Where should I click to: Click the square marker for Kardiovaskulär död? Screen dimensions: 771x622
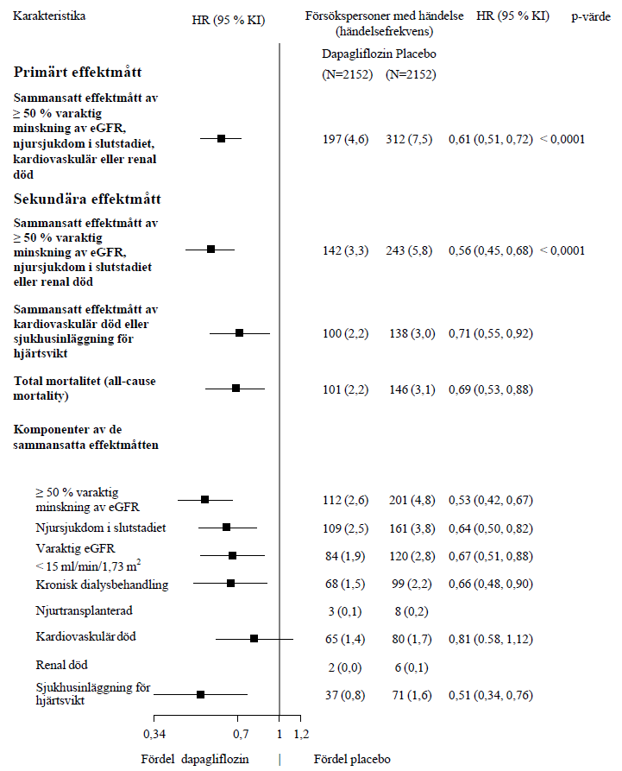click(254, 638)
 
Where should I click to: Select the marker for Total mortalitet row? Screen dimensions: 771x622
click(236, 389)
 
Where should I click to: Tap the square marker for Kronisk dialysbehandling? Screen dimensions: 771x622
click(230, 584)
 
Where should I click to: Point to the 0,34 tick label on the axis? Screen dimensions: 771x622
click(154, 734)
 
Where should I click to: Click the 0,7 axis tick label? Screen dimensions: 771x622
click(242, 734)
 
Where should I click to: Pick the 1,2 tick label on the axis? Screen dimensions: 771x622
click(301, 734)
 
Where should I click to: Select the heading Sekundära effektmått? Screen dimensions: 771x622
click(87, 199)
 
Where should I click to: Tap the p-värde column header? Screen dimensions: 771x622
click(591, 16)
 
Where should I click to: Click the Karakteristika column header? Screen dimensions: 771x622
click(49, 16)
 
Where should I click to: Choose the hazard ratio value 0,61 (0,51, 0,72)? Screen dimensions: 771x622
click(490, 139)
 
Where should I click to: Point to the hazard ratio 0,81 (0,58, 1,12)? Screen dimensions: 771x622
click(490, 639)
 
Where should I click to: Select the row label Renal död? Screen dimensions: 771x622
click(61, 666)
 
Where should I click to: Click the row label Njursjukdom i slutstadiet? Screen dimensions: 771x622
click(101, 528)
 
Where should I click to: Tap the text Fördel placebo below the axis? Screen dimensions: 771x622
click(352, 759)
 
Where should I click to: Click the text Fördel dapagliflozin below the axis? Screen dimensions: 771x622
click(195, 759)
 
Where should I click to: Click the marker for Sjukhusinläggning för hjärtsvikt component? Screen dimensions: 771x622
click(200, 694)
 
